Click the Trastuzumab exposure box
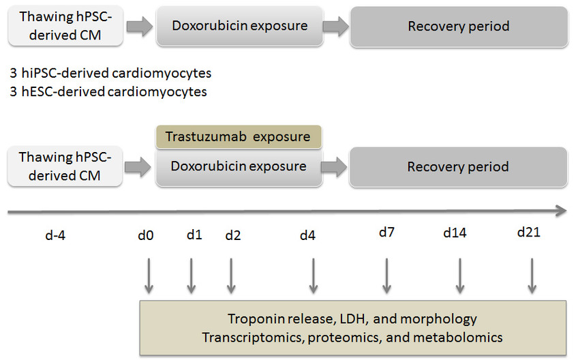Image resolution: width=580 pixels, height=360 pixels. point(239,137)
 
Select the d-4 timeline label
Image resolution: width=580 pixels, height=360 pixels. point(55,235)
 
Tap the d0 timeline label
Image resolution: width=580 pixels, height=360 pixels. point(145,235)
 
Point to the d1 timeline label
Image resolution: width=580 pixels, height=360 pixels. point(194,235)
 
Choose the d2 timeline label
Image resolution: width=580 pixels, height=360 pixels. point(232,235)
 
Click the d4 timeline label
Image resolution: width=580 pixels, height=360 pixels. point(307,235)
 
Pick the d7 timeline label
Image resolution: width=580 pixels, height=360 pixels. point(386,232)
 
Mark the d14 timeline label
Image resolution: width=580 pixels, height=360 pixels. point(455,232)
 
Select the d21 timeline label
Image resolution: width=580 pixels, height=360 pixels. point(529,232)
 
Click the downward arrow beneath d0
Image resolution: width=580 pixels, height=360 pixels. point(149,276)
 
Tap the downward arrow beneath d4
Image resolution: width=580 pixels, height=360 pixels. point(314,276)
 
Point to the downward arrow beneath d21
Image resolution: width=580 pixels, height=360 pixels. point(532,276)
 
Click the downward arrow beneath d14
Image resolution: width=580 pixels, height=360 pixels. point(460,276)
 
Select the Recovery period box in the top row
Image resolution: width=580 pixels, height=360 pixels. point(459,27)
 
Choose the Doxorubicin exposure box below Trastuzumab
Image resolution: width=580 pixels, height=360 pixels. point(239,167)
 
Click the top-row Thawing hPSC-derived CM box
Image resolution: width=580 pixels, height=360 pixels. point(65,26)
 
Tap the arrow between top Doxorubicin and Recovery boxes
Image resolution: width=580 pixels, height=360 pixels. point(336,27)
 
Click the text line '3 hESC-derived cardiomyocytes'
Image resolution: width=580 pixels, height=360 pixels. point(108,91)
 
